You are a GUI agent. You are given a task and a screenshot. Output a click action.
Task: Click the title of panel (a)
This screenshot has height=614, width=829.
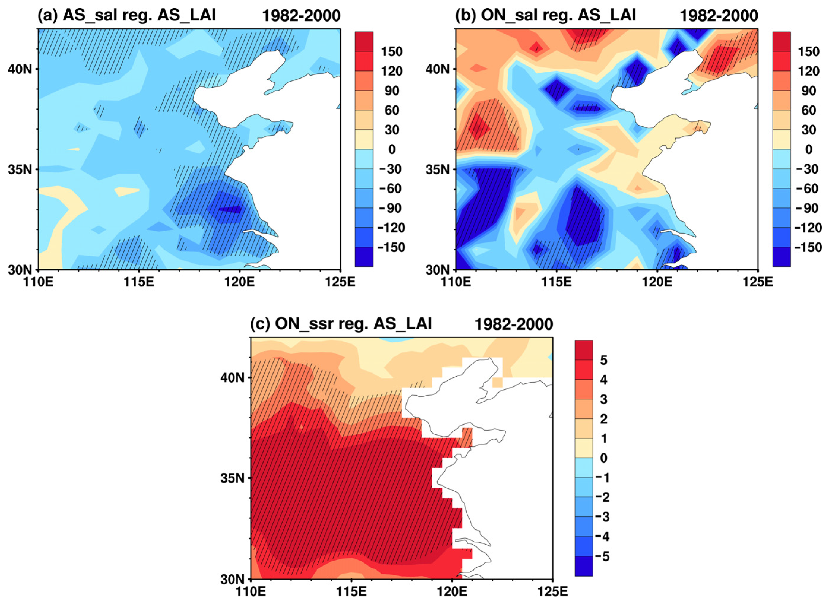click(126, 16)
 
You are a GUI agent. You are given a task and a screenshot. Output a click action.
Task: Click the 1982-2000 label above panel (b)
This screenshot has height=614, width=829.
click(718, 16)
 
